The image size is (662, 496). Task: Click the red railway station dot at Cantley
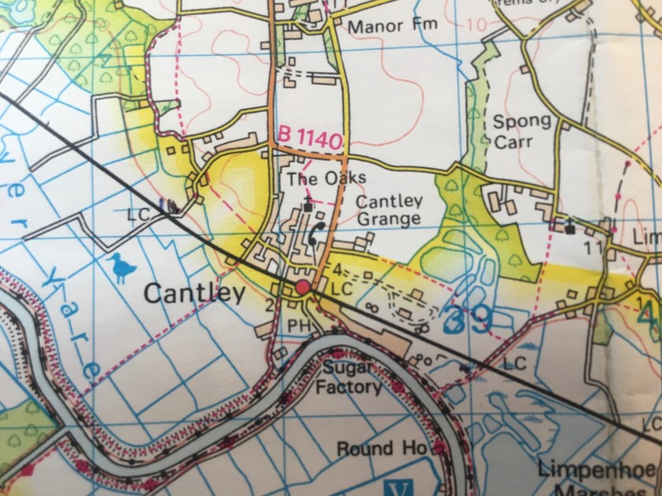point(303,287)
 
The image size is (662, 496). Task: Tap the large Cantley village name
point(193,294)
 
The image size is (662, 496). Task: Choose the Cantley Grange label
point(389,209)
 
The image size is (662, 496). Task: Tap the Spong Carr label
point(522,131)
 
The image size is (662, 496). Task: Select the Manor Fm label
point(392,26)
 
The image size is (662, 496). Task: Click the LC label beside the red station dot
point(340,290)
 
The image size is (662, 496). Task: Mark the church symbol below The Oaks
point(307,206)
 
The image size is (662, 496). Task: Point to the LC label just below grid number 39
point(514,365)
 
